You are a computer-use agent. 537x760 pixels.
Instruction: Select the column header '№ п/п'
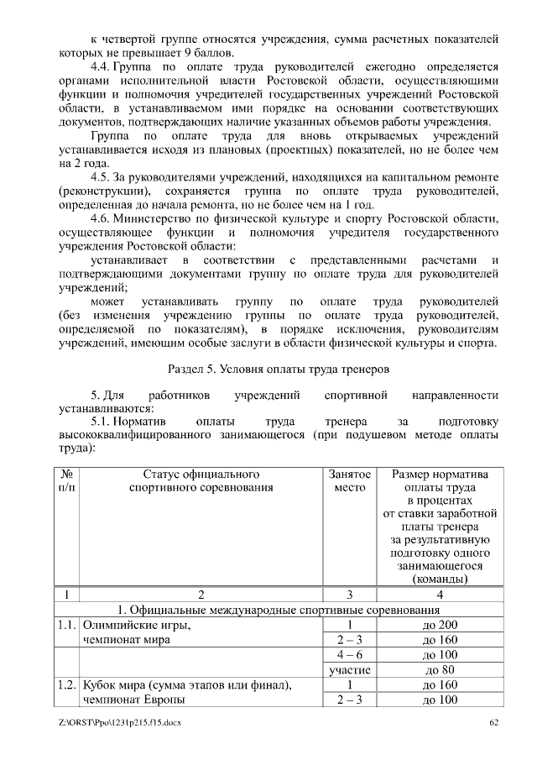[65, 480]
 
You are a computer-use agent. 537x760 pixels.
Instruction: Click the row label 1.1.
[66, 625]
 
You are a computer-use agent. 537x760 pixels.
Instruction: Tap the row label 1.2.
[66, 684]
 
